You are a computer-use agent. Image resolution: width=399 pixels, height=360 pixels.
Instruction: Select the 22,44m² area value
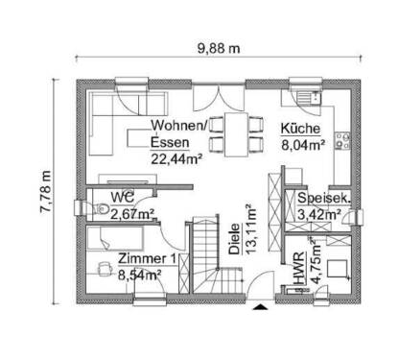(176, 159)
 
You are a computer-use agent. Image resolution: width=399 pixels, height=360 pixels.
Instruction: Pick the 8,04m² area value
(302, 147)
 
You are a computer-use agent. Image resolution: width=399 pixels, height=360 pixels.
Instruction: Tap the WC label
(122, 197)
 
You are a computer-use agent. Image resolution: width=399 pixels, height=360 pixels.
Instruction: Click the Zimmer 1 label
(147, 257)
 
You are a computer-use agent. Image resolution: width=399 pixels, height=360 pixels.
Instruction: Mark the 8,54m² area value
(140, 274)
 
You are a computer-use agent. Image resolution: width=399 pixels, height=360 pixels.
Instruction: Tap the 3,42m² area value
(320, 214)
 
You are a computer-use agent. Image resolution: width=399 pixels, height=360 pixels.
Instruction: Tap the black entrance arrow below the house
(262, 308)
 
